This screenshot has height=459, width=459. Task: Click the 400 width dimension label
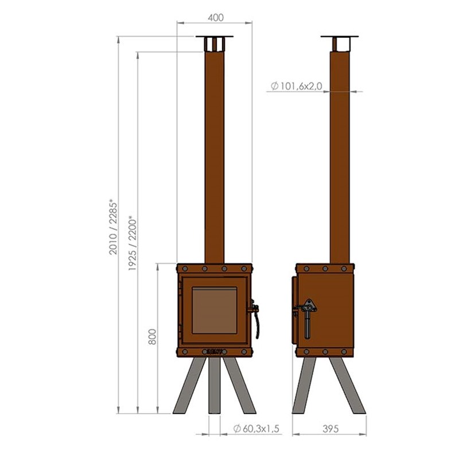pyautogui.click(x=216, y=18)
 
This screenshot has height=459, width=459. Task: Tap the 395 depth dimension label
pyautogui.click(x=330, y=429)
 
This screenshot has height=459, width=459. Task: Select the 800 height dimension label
pyautogui.click(x=152, y=337)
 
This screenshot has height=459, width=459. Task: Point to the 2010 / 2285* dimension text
pyautogui.click(x=113, y=227)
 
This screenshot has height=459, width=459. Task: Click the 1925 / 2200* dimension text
pyautogui.click(x=133, y=243)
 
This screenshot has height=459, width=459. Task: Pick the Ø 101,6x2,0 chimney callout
pyautogui.click(x=296, y=86)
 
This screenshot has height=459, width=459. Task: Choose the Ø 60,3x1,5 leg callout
pyautogui.click(x=256, y=429)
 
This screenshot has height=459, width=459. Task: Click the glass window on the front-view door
pyautogui.click(x=215, y=310)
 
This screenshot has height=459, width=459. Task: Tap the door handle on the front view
pyautogui.click(x=255, y=318)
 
